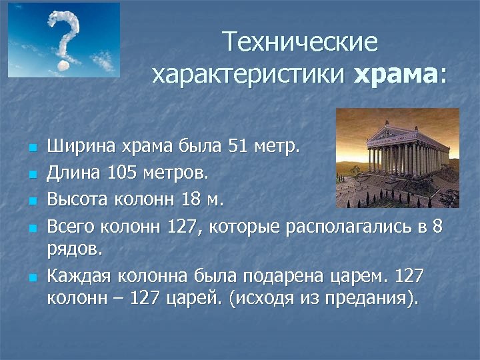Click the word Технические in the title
pos(301,43)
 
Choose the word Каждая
pos(78,275)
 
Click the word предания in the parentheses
pos(363,297)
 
